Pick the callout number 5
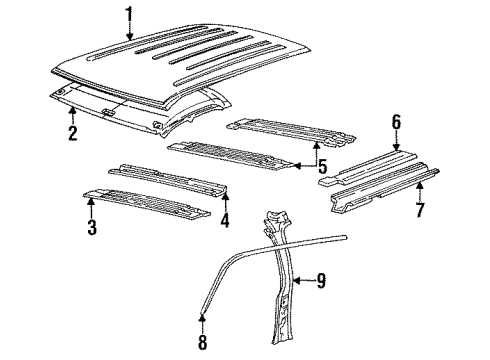click(320, 163)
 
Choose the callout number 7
click(419, 210)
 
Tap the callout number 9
click(321, 280)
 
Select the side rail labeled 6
click(370, 165)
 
